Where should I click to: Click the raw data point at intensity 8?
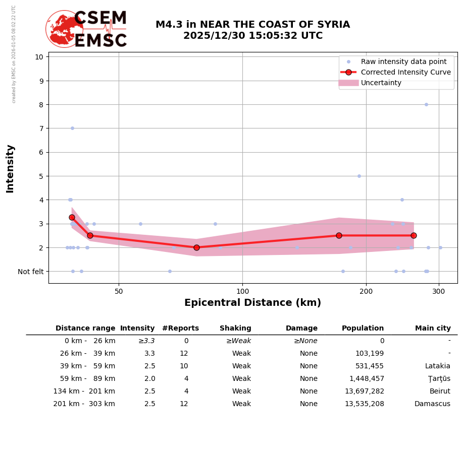coord(426,105)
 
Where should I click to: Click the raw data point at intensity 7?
coord(72,128)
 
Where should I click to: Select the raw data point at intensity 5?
coord(359,176)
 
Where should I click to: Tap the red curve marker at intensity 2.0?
coord(196,247)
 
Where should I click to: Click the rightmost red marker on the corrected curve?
coord(414,235)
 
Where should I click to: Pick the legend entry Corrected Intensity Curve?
coord(405,73)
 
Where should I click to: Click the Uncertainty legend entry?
coord(381,83)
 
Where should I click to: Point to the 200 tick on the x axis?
coord(366,291)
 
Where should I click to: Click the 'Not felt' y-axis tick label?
coord(31,272)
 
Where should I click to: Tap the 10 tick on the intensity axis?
coord(39,56)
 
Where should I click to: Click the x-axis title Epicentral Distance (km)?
coord(252,303)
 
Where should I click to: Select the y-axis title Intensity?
coord(11,168)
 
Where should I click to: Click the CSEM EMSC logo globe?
coord(64,29)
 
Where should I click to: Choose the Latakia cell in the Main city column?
coord(437,366)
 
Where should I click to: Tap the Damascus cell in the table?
coord(432,404)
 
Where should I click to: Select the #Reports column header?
coord(180,329)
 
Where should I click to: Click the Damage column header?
coord(301,329)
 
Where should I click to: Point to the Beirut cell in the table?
coord(440,392)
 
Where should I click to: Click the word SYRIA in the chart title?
coord(331,25)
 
